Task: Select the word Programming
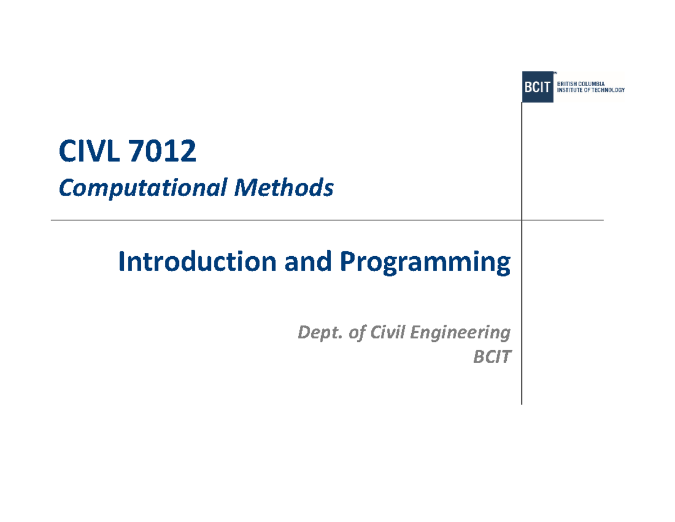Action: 424,263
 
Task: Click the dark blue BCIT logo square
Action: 537,87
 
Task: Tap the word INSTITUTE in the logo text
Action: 571,90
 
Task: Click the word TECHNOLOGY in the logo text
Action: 609,90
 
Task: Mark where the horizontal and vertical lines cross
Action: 521,220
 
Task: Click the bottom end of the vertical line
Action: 521,403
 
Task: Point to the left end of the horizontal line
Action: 52,220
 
